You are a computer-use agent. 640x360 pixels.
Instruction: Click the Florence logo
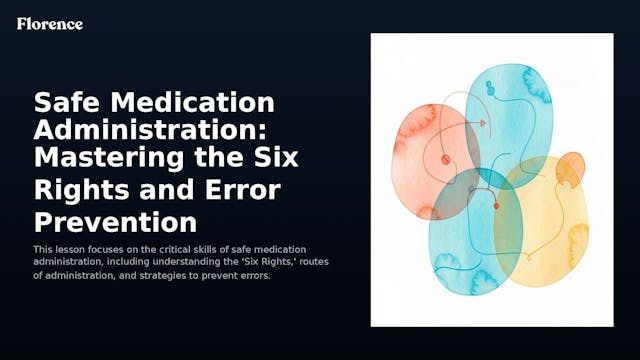[x=50, y=23]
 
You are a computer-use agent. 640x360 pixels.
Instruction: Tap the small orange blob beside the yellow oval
[x=570, y=169]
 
